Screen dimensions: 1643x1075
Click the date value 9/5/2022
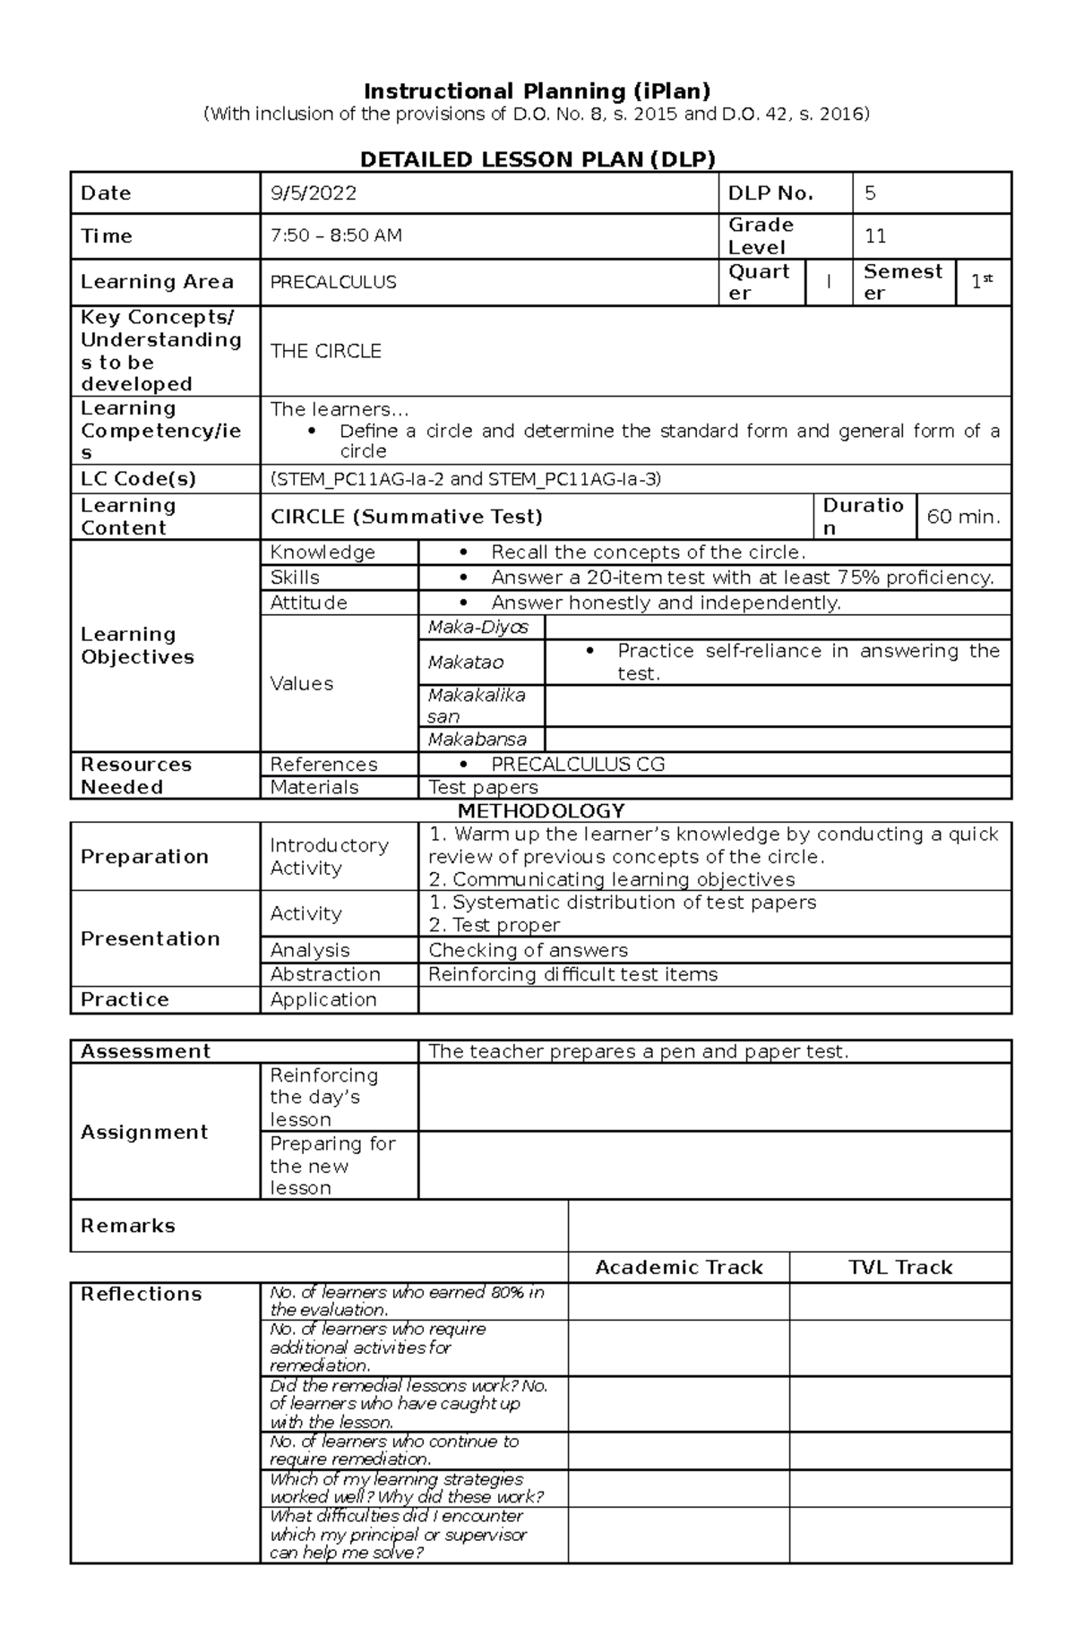(314, 193)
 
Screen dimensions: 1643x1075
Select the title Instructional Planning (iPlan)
(537, 91)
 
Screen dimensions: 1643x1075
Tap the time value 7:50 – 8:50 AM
(336, 236)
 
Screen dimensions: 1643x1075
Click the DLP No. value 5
(870, 193)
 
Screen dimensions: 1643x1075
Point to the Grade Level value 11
(875, 236)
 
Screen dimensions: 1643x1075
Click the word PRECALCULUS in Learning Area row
(333, 282)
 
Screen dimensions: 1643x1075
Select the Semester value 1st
(982, 282)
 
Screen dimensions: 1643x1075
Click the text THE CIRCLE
(326, 351)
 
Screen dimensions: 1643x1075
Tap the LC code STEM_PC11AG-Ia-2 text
(359, 479)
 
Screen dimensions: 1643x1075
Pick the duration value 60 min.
(963, 517)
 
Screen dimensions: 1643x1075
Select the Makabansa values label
(477, 740)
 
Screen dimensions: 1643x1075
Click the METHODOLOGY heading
(540, 811)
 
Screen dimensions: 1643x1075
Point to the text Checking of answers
(528, 950)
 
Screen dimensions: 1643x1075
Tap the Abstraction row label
(325, 974)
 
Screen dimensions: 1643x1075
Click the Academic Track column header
(678, 1267)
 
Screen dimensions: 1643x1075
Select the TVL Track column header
(900, 1267)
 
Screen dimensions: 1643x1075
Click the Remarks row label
(128, 1226)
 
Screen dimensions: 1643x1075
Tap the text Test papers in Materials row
(483, 787)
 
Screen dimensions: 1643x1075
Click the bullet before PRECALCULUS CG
(463, 765)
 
